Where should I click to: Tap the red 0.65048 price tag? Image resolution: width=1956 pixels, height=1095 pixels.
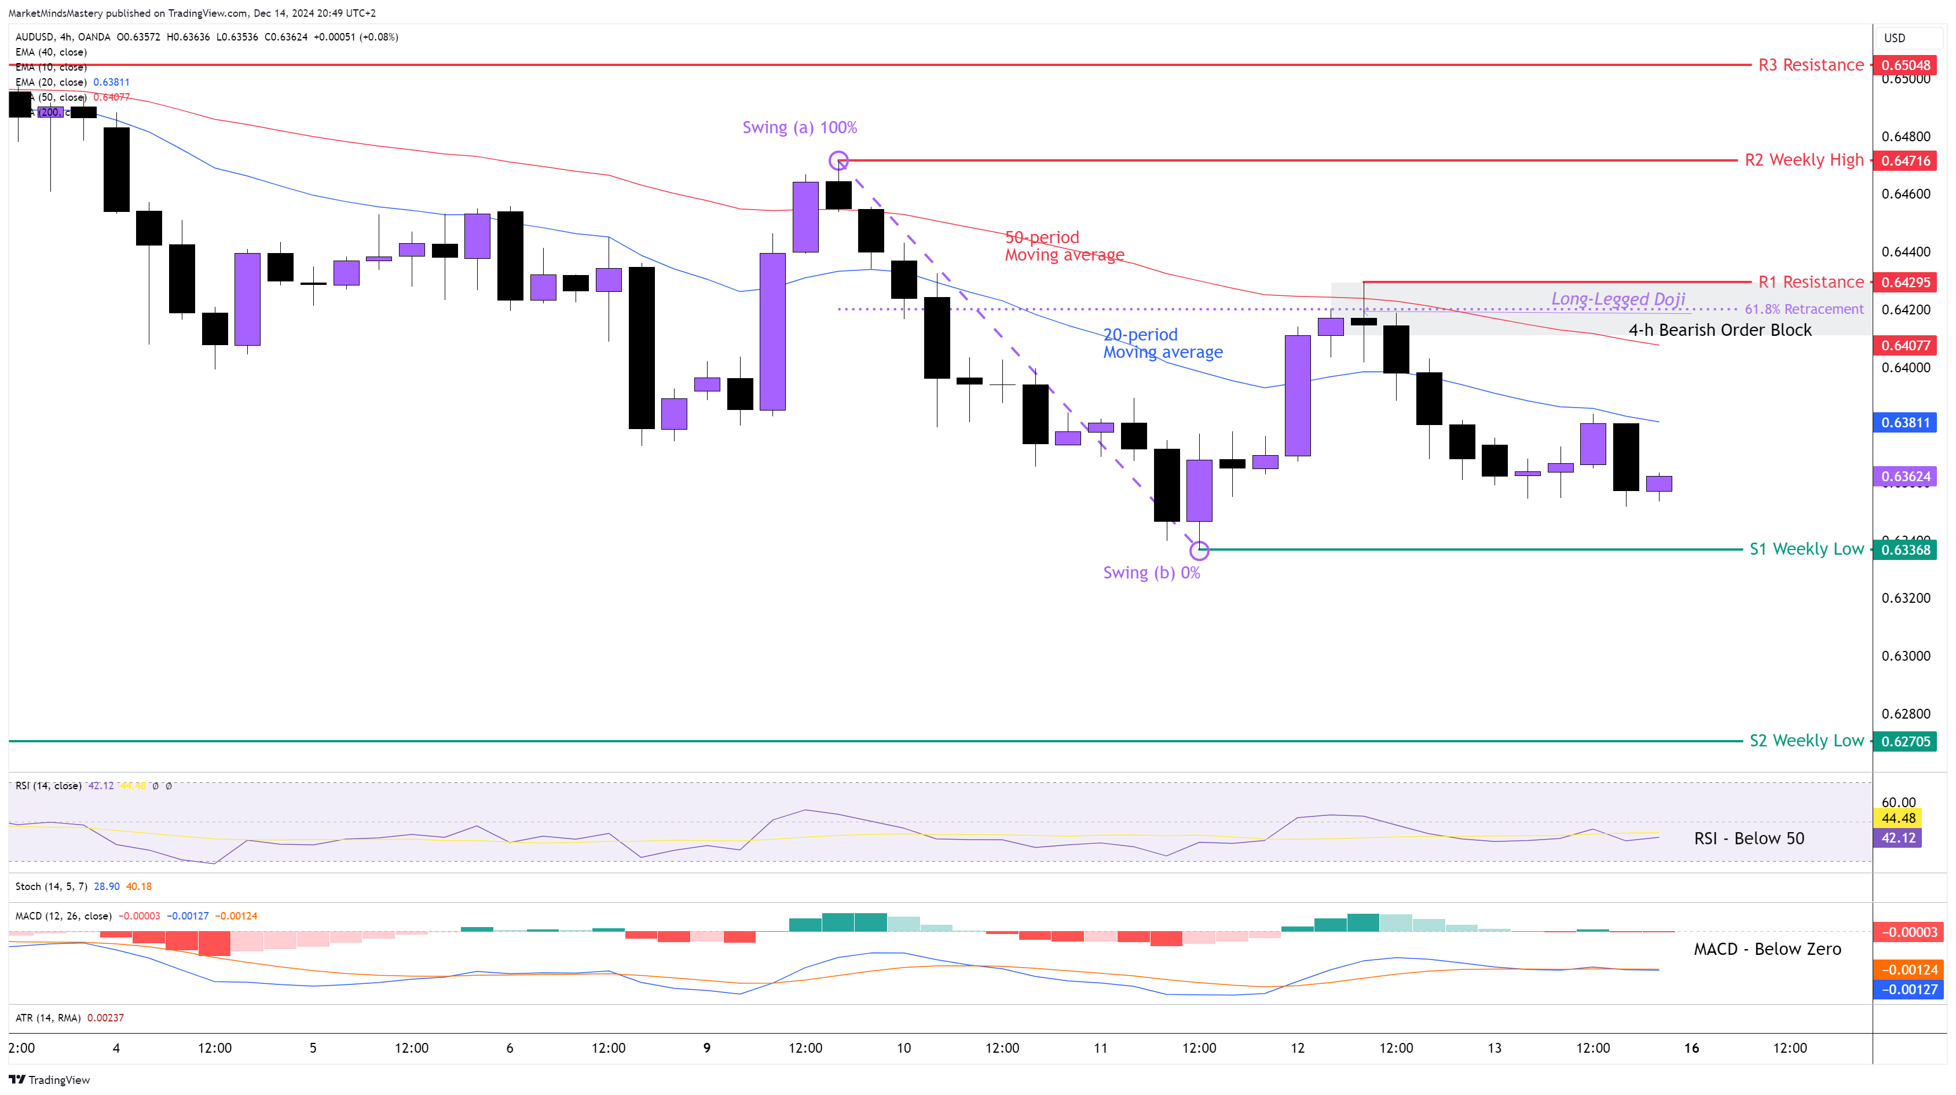coord(1905,65)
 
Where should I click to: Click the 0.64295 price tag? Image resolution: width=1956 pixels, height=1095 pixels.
coord(1905,283)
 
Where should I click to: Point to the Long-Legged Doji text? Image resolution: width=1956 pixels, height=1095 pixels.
coord(1617,299)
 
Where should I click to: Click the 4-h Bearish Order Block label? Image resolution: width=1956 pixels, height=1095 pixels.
coord(1720,330)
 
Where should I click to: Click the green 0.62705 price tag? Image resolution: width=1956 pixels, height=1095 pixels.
coord(1905,742)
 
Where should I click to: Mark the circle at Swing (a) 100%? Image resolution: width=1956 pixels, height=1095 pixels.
coord(838,160)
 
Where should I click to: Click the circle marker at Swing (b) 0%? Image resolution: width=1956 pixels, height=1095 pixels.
coord(1199,550)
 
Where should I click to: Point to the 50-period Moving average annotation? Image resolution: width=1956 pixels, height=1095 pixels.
coord(1064,246)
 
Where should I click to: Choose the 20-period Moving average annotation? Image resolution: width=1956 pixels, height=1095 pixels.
coord(1163,343)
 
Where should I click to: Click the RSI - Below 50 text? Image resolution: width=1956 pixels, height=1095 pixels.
coord(1749,838)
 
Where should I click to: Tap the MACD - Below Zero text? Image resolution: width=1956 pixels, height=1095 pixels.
coord(1767,949)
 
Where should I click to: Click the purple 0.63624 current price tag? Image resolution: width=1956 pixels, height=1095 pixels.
coord(1905,477)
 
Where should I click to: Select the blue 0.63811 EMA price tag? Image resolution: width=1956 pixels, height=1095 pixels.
coord(1905,422)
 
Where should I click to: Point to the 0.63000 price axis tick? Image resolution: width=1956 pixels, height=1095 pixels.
coord(1905,656)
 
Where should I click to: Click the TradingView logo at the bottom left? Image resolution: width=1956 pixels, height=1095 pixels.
coord(49,1080)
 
